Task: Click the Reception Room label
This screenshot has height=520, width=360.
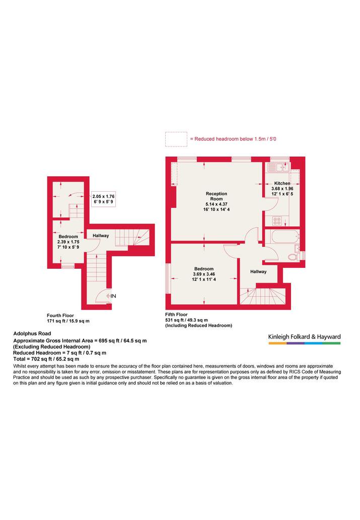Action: click(217, 196)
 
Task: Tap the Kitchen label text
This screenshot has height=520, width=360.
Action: click(282, 183)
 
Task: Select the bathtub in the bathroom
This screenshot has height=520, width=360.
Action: click(285, 237)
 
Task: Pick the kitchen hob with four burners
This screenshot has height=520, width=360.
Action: click(277, 220)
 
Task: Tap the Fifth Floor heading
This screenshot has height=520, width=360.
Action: click(177, 315)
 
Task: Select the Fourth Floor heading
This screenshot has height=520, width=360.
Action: click(60, 316)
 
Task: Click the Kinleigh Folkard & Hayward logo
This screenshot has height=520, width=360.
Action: click(304, 339)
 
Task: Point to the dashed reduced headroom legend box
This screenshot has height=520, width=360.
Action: click(176, 139)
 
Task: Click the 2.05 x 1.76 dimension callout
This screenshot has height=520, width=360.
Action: click(104, 199)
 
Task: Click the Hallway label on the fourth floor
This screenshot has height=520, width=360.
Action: click(101, 236)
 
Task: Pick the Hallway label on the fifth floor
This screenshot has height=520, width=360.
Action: click(258, 272)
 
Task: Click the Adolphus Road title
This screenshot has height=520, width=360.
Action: click(32, 334)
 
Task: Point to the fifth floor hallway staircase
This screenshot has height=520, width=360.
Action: click(262, 296)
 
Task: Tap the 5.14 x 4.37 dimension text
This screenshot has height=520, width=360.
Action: click(217, 204)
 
